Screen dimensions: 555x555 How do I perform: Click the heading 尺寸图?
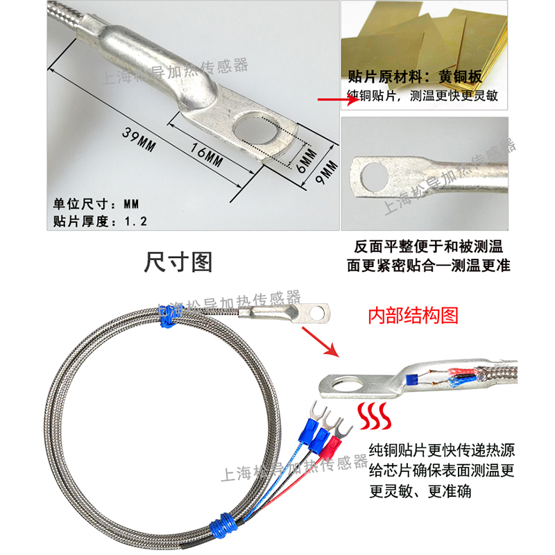178,262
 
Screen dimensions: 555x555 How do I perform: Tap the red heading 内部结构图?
413,316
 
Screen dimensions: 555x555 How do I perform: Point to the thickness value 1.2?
136,221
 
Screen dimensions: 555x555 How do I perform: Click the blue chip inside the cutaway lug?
412,379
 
